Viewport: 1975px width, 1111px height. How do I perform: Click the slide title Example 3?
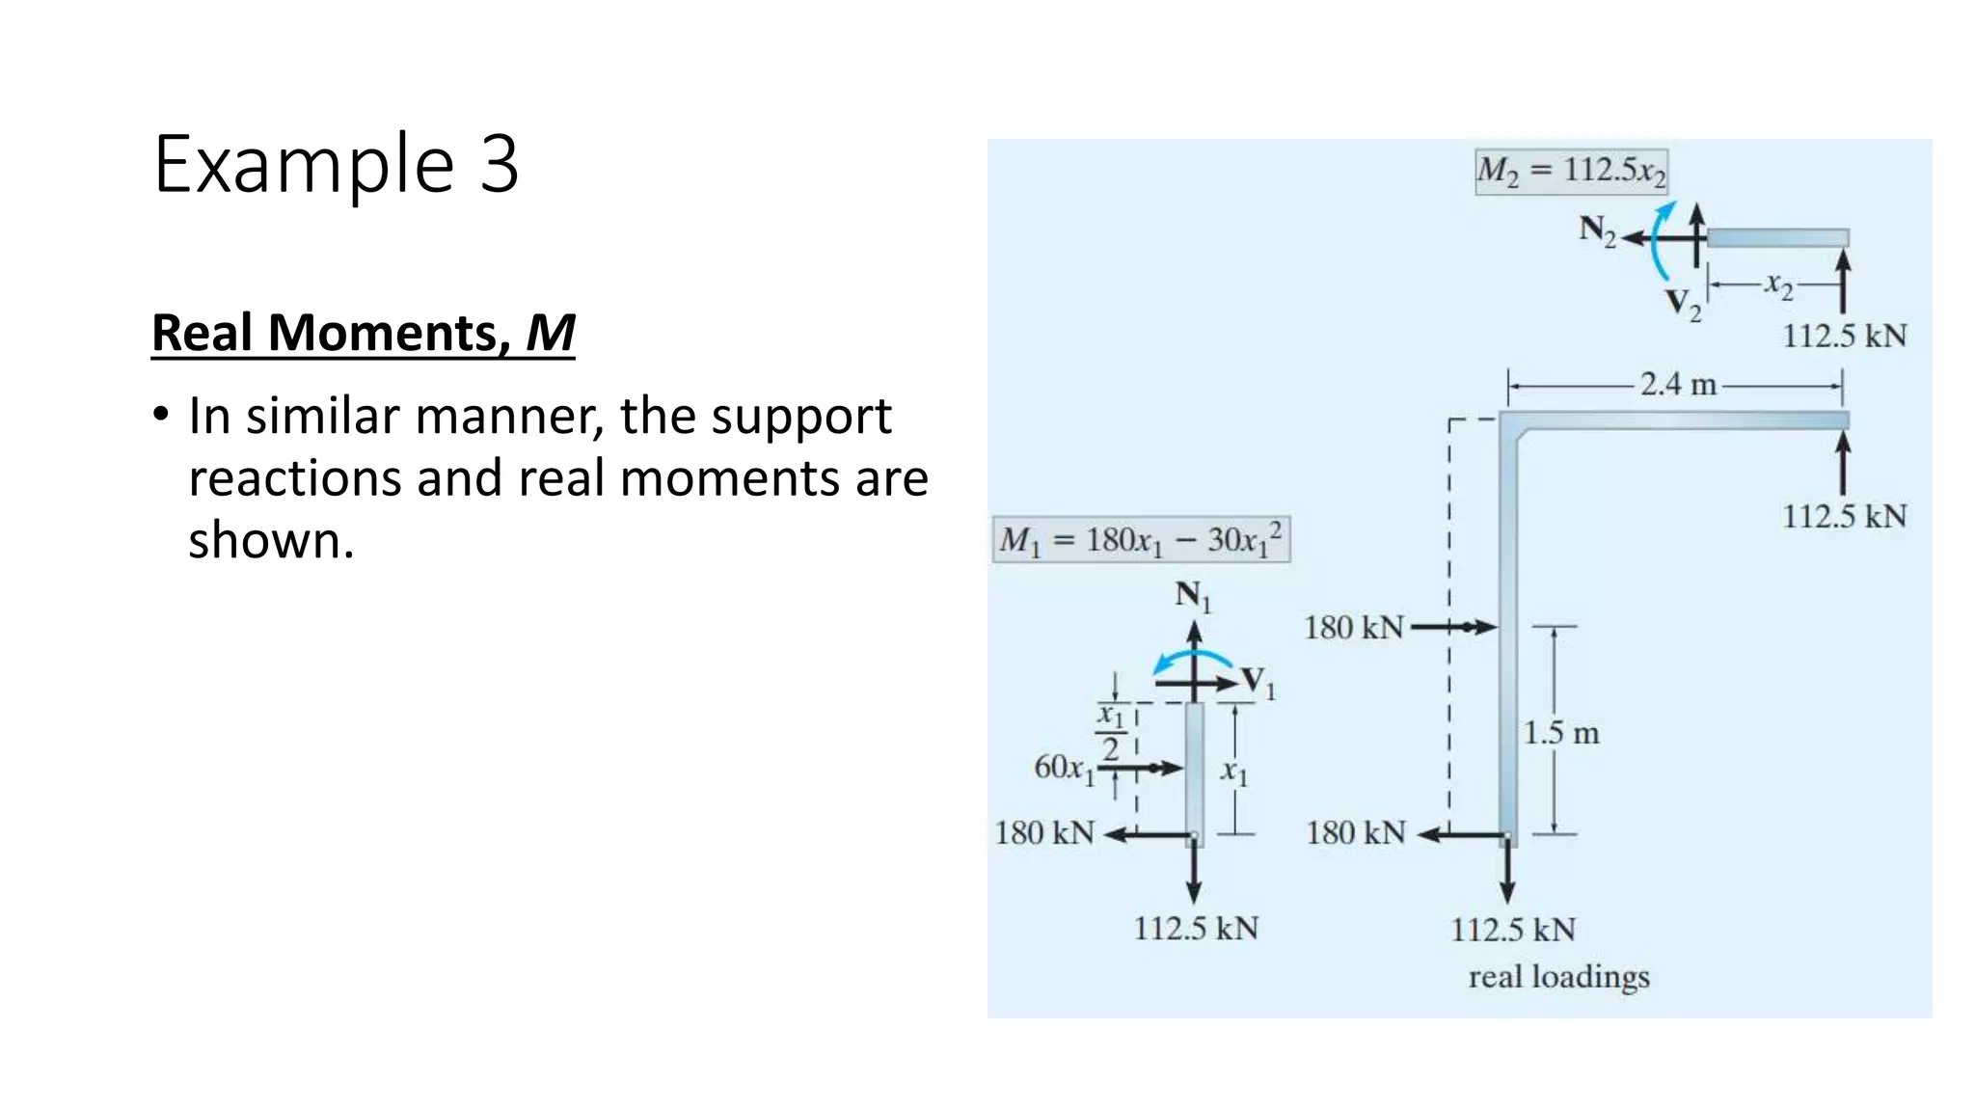[x=336, y=164]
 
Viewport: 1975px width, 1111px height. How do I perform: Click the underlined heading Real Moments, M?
[x=363, y=334]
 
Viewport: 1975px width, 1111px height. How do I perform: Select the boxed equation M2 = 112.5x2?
[x=1571, y=172]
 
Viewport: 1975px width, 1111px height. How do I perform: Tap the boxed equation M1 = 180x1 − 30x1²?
[x=1141, y=540]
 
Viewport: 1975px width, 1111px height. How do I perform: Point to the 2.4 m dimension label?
[x=1678, y=385]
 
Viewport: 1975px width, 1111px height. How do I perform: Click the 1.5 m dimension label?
[x=1560, y=734]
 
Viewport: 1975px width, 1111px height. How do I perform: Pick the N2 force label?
[x=1596, y=231]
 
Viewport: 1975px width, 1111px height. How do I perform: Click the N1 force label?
[x=1192, y=596]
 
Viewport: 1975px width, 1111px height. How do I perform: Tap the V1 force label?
[x=1258, y=682]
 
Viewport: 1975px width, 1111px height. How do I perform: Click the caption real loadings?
[x=1558, y=977]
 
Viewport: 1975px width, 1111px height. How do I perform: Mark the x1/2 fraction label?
[x=1111, y=733]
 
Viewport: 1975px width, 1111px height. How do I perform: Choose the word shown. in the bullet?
[x=271, y=541]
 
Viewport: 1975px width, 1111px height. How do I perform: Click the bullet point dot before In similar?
[x=161, y=417]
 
